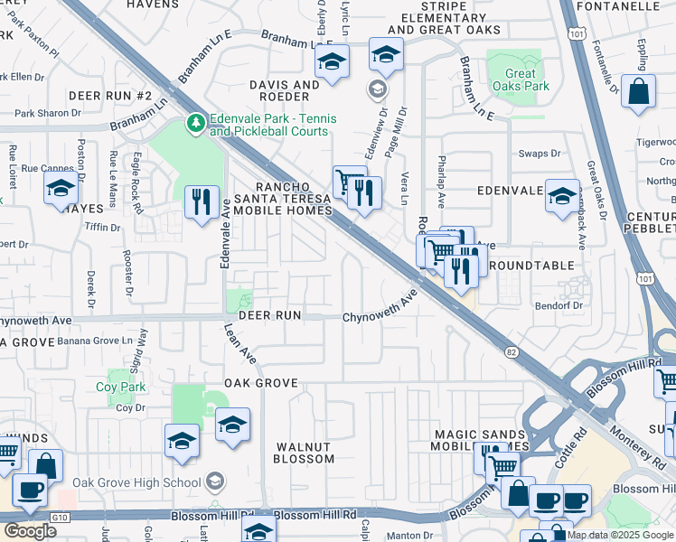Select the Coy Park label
coord(121,387)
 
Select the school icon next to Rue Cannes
coord(61,188)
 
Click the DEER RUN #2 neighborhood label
coord(110,95)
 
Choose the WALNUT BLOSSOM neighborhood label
coord(305,452)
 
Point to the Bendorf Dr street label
coord(558,305)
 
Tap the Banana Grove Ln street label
coord(95,341)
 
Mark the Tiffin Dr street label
coord(103,228)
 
